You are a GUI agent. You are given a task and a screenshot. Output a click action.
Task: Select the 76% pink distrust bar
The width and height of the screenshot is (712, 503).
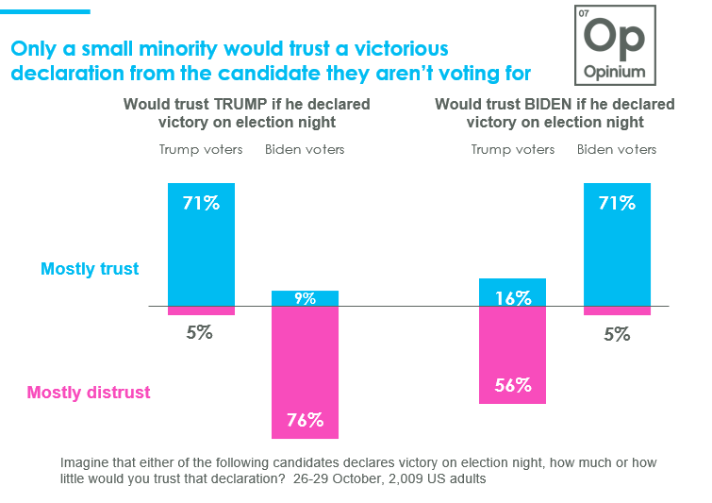point(305,373)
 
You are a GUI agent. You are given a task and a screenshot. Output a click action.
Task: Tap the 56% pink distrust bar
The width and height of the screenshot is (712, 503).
point(512,355)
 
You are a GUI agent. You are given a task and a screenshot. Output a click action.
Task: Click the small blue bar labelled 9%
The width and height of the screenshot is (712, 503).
point(305,298)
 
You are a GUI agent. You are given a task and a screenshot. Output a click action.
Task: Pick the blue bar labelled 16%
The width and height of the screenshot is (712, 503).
point(512,293)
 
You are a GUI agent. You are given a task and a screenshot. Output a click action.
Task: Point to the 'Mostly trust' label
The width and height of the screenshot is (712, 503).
point(90,269)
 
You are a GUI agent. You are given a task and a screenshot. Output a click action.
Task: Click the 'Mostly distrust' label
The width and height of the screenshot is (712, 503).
point(89,393)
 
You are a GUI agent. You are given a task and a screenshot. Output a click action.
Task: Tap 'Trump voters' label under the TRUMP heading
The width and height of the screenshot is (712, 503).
point(201,149)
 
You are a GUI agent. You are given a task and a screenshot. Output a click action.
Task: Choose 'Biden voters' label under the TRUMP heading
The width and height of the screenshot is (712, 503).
point(305,149)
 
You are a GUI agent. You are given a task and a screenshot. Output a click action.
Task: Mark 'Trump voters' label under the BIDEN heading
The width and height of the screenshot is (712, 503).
point(513,149)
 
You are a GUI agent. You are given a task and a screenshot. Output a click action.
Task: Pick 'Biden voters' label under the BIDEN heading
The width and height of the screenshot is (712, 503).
point(617,149)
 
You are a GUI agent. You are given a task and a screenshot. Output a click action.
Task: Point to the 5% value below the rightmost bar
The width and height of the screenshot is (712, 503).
point(617,333)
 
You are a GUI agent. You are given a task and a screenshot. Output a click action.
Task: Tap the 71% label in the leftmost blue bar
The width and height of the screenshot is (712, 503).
point(201,201)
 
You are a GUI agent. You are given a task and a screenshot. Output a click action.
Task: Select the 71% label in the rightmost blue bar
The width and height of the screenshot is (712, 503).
point(617,201)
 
